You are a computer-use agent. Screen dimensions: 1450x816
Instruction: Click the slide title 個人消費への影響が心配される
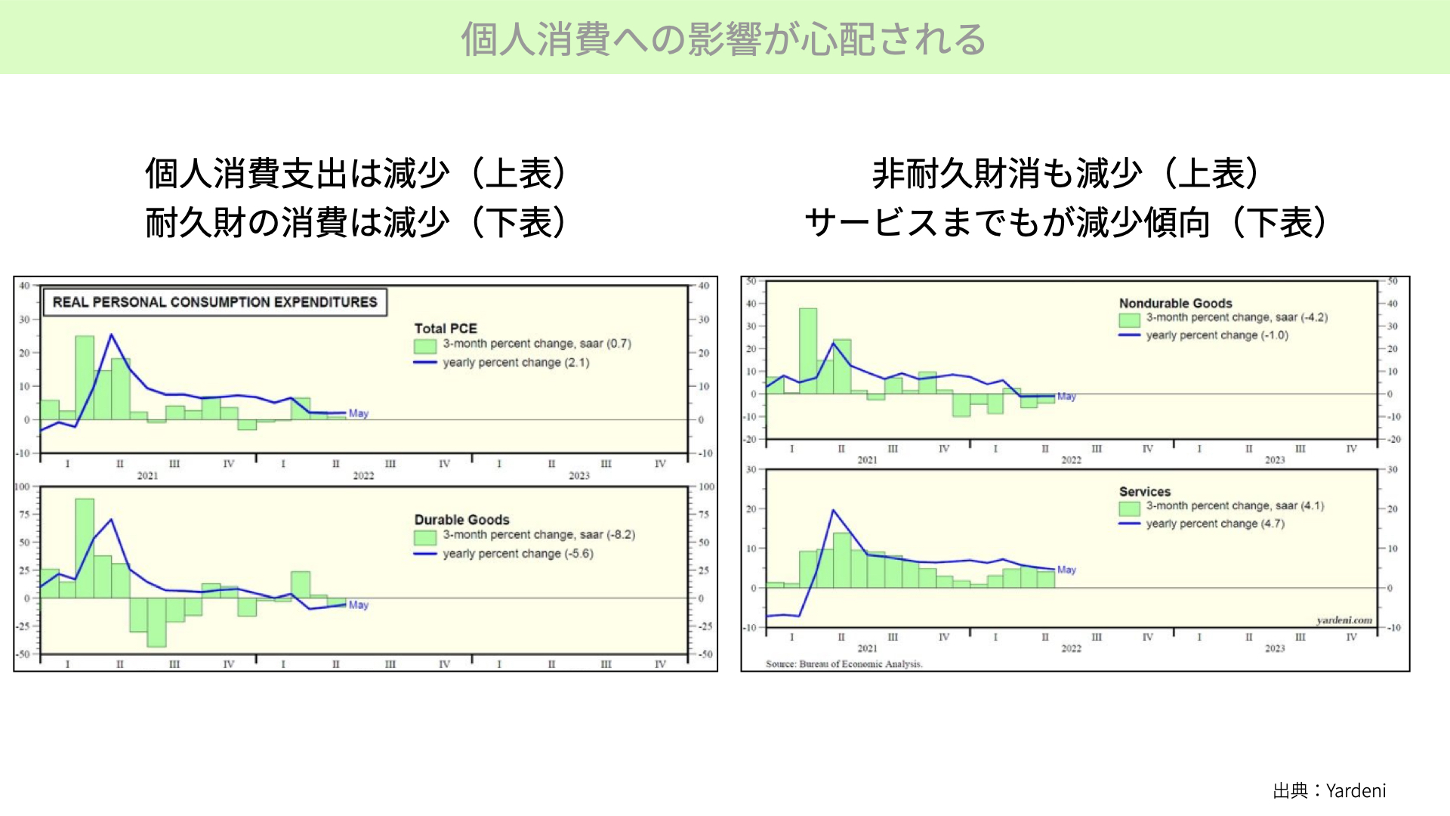pyautogui.click(x=723, y=39)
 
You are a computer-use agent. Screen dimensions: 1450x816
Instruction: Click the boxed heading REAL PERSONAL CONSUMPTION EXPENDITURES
pyautogui.click(x=214, y=302)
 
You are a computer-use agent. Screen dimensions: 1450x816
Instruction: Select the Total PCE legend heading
pyautogui.click(x=446, y=329)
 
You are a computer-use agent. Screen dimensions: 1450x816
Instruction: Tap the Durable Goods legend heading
pyautogui.click(x=461, y=520)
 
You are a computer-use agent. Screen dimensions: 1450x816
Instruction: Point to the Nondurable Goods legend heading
pyautogui.click(x=1175, y=303)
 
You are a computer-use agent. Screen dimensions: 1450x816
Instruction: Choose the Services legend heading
pyautogui.click(x=1144, y=492)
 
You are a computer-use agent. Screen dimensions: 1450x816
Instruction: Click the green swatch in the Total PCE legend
pyautogui.click(x=425, y=346)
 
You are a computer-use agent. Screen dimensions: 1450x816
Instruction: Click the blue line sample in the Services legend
pyautogui.click(x=1129, y=524)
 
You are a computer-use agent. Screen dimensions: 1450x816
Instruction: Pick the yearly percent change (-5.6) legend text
pyautogui.click(x=518, y=554)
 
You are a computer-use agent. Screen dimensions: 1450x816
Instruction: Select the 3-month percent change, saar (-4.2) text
pyautogui.click(x=1236, y=317)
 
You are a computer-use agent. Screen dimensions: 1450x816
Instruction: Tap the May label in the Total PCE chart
pyautogui.click(x=359, y=413)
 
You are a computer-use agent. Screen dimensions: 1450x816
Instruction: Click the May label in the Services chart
pyautogui.click(x=1066, y=570)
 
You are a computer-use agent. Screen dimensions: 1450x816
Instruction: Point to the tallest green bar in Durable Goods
pyautogui.click(x=85, y=549)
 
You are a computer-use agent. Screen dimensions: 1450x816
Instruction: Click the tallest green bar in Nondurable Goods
pyautogui.click(x=808, y=351)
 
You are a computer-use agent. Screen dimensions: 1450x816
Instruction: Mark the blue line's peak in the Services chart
pyautogui.click(x=833, y=510)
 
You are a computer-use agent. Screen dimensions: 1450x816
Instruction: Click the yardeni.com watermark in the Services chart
pyautogui.click(x=1344, y=620)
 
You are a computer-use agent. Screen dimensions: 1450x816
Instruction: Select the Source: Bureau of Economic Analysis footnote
pyautogui.click(x=844, y=664)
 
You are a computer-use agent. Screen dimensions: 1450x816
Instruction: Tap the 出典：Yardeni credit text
pyautogui.click(x=1329, y=790)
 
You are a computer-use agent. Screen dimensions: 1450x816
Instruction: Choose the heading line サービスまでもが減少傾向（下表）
pyautogui.click(x=1066, y=222)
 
